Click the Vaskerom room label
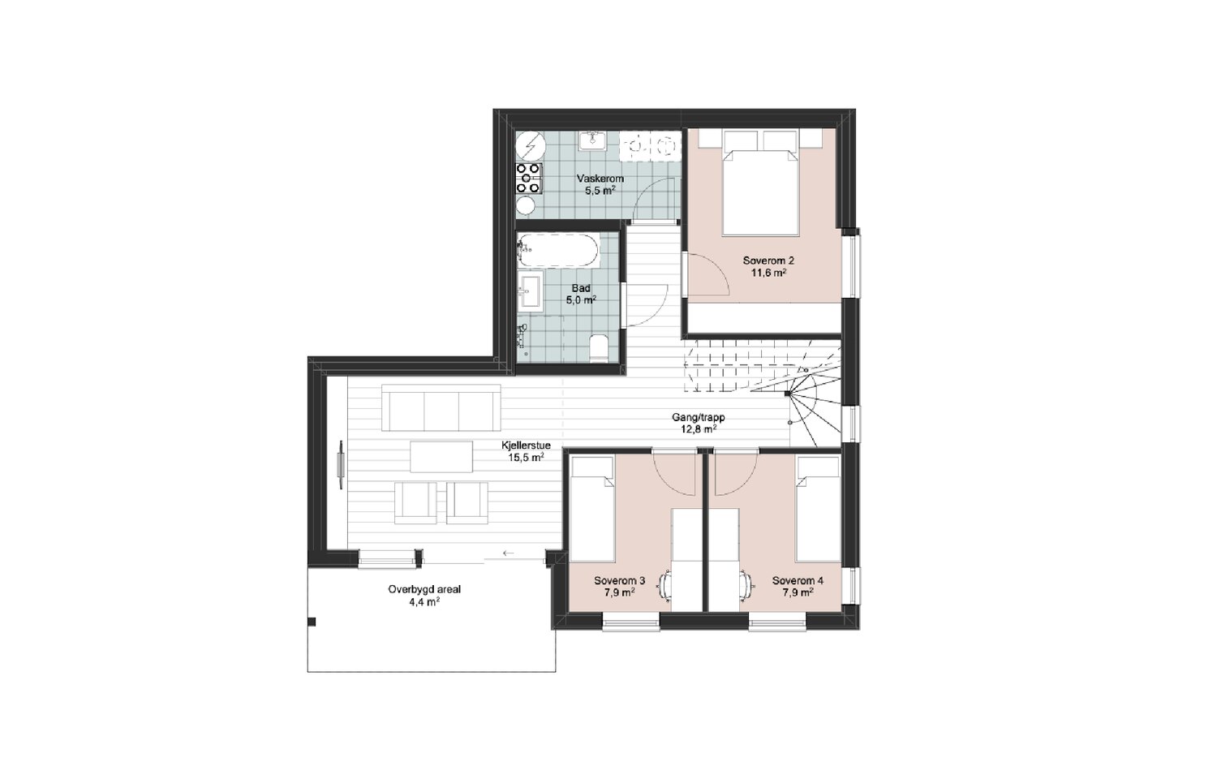click(600, 179)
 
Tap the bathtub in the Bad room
click(558, 251)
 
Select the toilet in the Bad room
click(599, 348)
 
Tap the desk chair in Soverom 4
click(746, 587)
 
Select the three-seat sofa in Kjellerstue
click(441, 407)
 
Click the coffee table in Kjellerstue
click(441, 457)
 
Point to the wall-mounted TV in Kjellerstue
click(341, 465)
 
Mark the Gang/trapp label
click(698, 418)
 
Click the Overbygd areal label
click(424, 590)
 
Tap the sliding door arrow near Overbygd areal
click(509, 553)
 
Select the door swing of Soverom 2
click(707, 274)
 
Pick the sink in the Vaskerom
click(592, 140)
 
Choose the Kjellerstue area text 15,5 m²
click(526, 459)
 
